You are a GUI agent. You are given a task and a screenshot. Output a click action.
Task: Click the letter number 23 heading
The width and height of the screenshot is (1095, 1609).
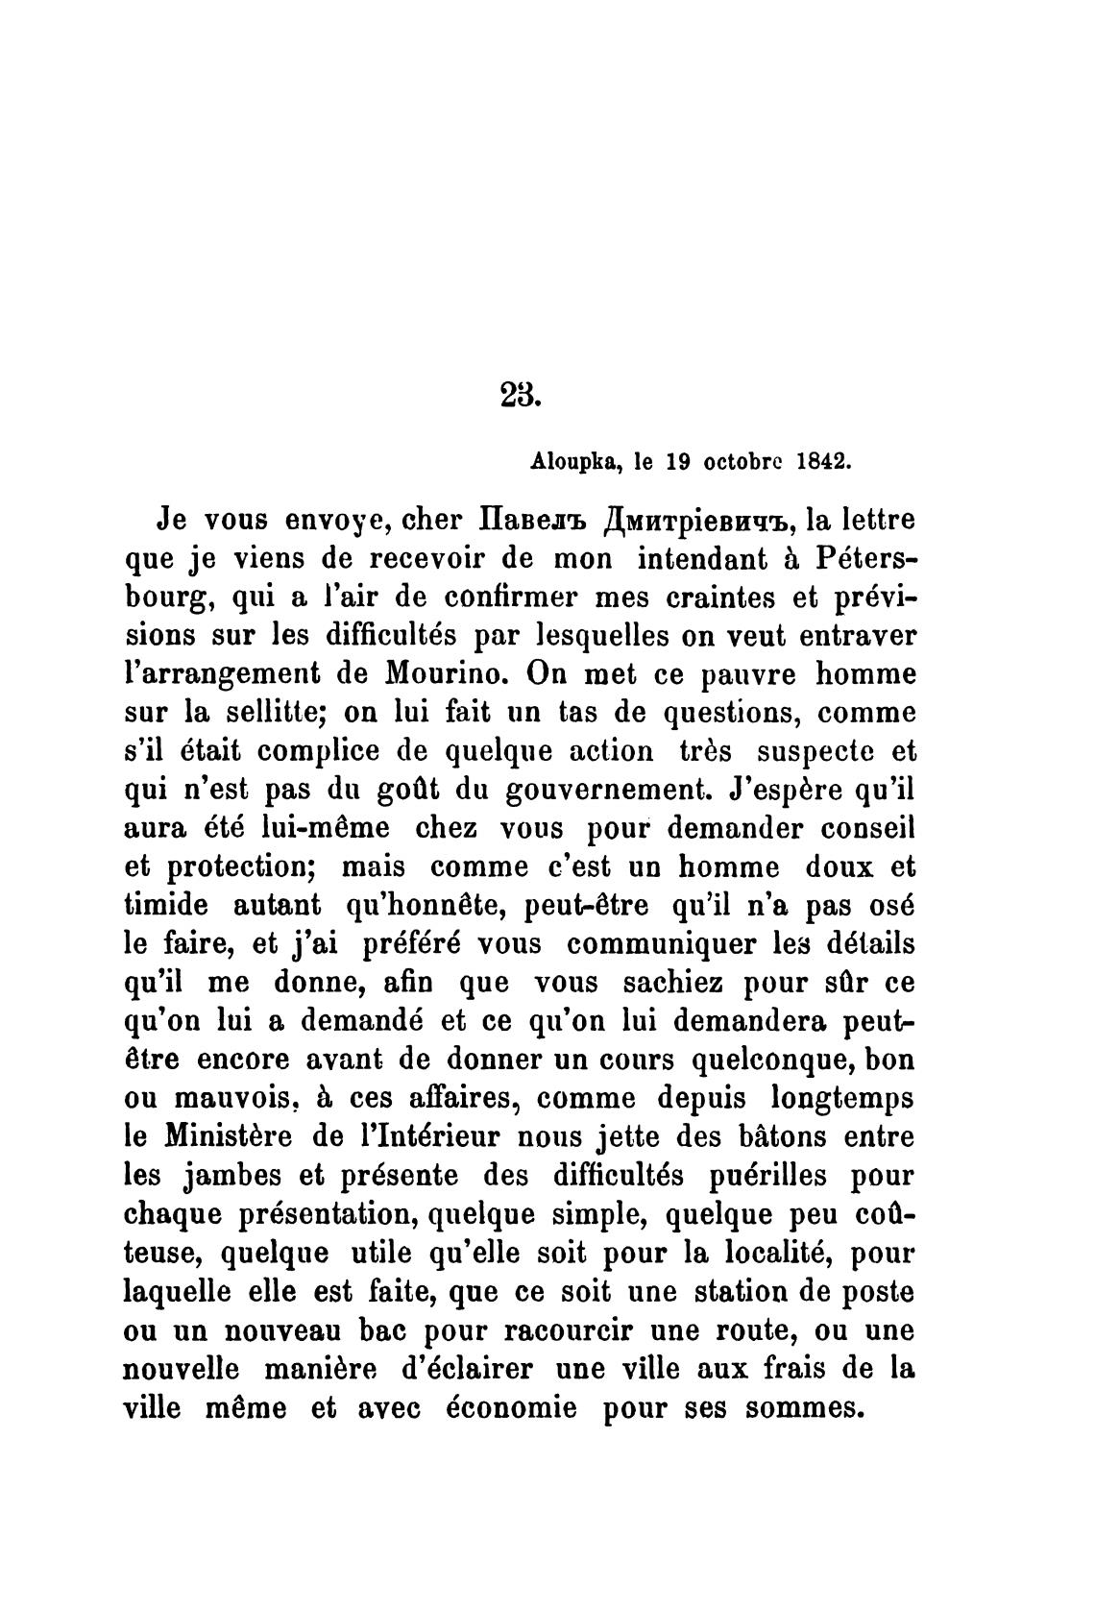click(x=521, y=394)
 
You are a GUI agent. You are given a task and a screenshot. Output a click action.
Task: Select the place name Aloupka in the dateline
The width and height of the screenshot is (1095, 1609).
click(x=572, y=461)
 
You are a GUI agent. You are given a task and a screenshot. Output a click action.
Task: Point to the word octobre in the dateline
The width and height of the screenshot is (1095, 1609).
click(x=743, y=461)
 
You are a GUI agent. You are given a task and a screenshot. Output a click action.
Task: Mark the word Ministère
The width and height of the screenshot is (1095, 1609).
click(x=229, y=1137)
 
